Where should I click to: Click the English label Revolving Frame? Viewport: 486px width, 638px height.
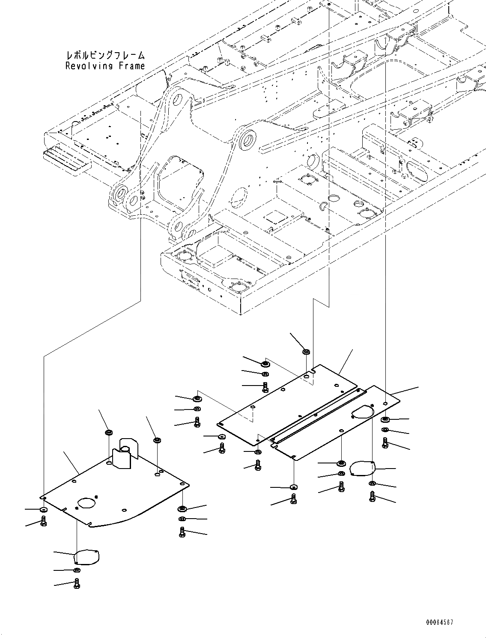(x=105, y=66)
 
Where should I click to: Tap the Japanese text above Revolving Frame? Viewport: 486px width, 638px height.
(x=105, y=56)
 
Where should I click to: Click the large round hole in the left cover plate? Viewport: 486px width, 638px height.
(x=87, y=502)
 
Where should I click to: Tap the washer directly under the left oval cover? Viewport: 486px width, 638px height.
(x=76, y=570)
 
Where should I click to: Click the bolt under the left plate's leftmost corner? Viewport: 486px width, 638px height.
(x=43, y=521)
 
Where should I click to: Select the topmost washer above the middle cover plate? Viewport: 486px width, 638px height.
(x=307, y=352)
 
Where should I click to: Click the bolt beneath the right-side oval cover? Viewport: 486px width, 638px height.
(x=372, y=496)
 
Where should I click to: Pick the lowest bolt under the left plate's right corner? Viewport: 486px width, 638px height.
(x=182, y=532)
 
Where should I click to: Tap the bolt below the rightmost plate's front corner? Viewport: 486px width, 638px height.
(x=294, y=498)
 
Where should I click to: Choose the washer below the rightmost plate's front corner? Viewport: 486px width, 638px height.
(x=293, y=487)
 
